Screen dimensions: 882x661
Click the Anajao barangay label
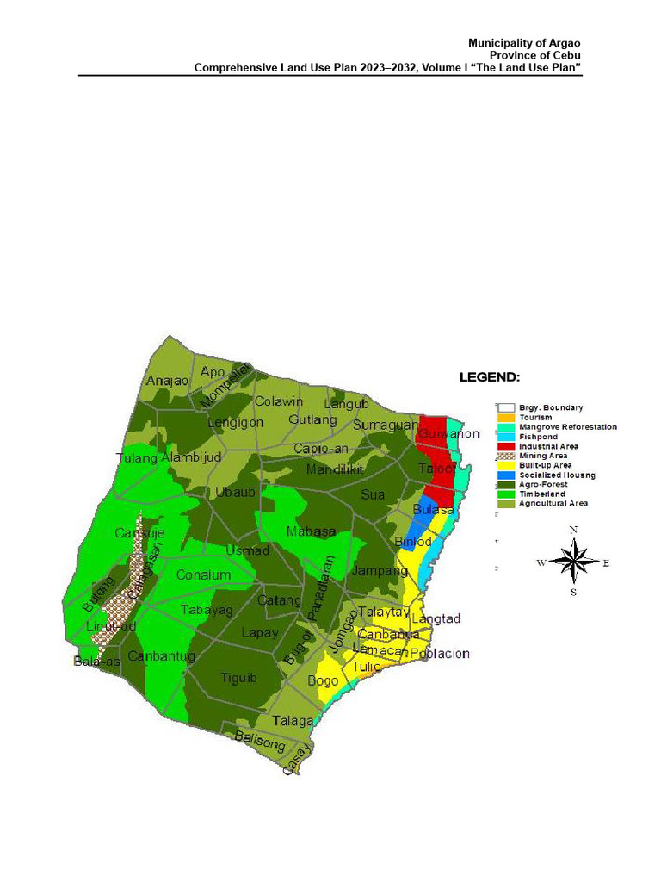(167, 381)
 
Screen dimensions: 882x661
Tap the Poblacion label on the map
(440, 654)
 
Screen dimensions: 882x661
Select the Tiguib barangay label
(238, 678)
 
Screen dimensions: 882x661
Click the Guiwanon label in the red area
(448, 434)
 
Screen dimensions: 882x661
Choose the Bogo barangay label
(324, 680)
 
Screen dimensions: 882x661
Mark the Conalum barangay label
(203, 575)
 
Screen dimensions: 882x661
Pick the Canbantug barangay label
(161, 656)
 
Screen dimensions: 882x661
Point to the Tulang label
(137, 458)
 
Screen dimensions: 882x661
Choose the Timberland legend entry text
(541, 494)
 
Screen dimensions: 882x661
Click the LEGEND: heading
(489, 377)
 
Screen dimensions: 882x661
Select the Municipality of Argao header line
(525, 43)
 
